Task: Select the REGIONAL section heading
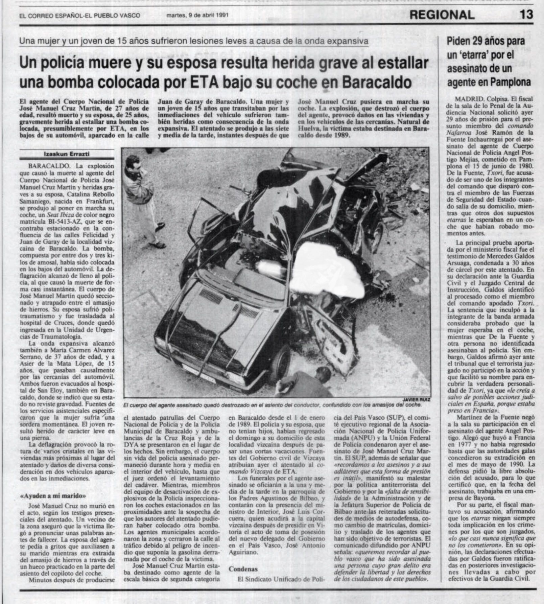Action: pos(442,15)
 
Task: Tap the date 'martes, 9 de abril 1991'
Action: pos(197,15)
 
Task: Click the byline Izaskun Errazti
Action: pos(67,154)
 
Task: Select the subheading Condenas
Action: pos(243,569)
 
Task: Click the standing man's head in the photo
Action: pos(133,163)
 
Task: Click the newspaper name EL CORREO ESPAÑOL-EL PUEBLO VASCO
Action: pos(79,16)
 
